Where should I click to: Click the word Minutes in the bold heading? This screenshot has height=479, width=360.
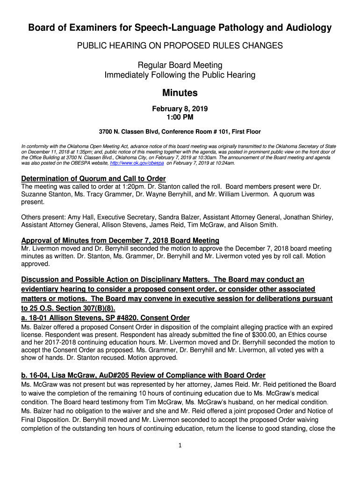pyautogui.click(x=180, y=93)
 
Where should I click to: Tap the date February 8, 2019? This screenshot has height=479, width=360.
pyautogui.click(x=180, y=109)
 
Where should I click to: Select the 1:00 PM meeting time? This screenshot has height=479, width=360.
pyautogui.click(x=180, y=116)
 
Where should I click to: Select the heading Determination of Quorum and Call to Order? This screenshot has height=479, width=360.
pyautogui.click(x=94, y=179)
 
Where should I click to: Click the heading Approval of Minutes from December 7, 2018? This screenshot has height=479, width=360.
pyautogui.click(x=120, y=240)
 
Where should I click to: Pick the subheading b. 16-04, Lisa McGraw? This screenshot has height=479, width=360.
pyautogui.click(x=143, y=375)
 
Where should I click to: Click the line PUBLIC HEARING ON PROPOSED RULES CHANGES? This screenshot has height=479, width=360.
pyautogui.click(x=180, y=46)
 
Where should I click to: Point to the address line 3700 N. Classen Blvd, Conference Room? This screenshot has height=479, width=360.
pyautogui.click(x=180, y=132)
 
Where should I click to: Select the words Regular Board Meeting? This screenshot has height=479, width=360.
pyautogui.click(x=180, y=65)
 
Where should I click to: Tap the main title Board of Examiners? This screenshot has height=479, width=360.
pyautogui.click(x=180, y=28)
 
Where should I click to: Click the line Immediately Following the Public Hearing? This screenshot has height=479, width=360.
pyautogui.click(x=180, y=75)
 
